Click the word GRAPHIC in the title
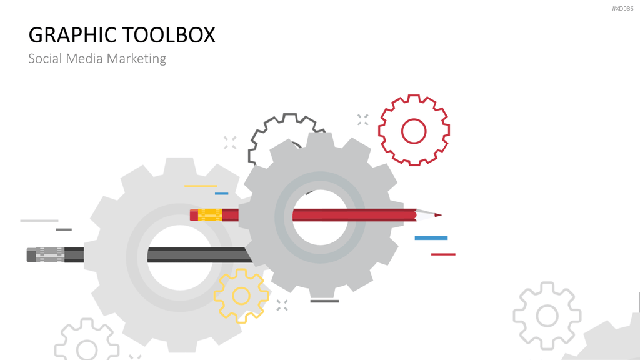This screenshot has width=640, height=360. [x=72, y=35]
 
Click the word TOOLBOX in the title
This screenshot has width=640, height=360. [x=169, y=35]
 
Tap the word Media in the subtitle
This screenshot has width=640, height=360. [x=84, y=58]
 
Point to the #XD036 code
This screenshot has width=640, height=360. [x=622, y=9]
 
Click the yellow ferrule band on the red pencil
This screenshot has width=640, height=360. [x=210, y=215]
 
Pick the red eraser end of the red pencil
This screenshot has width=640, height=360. [x=194, y=215]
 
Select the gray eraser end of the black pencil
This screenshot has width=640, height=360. [x=31, y=255]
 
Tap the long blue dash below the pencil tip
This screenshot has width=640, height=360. [x=431, y=238]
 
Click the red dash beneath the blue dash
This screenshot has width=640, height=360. [x=443, y=254]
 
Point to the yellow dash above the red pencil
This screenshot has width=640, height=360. [x=201, y=186]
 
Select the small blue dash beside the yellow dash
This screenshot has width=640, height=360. [x=222, y=194]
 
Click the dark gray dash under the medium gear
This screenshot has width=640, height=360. [x=324, y=301]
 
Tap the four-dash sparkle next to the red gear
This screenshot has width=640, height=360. [x=363, y=119]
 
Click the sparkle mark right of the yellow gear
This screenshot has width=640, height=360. [x=282, y=305]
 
